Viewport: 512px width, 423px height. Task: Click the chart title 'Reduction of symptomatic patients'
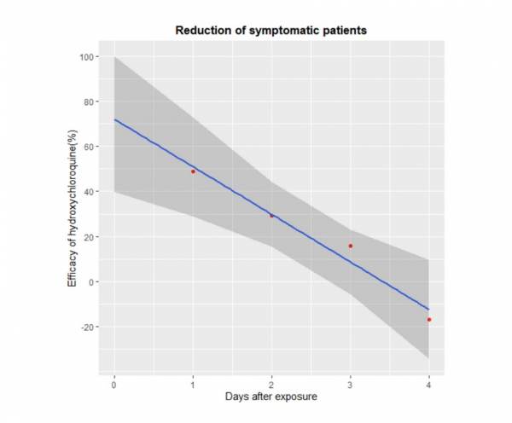pos(271,31)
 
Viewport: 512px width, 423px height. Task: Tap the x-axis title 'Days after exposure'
pos(271,397)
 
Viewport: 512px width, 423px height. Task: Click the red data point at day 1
pos(193,171)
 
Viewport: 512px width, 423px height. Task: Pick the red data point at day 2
pos(271,216)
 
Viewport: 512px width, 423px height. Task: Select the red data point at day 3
pos(350,246)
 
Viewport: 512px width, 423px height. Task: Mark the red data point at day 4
pos(428,320)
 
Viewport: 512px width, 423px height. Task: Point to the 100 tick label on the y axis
pos(85,57)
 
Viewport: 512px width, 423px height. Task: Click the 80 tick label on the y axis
pos(88,101)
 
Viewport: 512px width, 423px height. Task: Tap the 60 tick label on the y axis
pos(88,147)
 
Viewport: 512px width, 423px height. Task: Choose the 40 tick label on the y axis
pos(88,192)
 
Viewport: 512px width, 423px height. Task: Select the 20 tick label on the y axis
pos(88,237)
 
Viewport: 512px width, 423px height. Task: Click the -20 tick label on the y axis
pos(86,327)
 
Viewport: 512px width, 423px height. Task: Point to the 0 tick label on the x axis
pos(114,384)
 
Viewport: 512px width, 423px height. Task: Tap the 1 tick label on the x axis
pos(193,384)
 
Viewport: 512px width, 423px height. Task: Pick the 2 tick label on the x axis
pos(271,384)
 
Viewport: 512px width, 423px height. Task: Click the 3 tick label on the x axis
pos(350,384)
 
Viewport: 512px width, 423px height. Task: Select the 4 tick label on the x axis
pos(428,384)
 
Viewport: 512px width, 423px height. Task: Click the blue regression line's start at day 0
pos(115,120)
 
